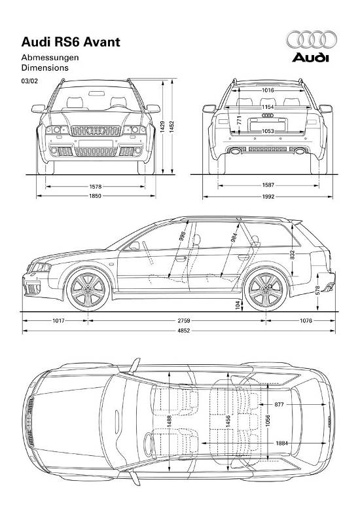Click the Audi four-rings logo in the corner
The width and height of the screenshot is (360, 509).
coord(312,39)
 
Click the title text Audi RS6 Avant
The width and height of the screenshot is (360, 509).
coord(71,42)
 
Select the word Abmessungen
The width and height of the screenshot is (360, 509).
coord(50,58)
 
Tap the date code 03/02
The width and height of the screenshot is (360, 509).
coord(29,81)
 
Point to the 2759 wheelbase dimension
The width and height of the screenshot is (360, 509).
coord(183,321)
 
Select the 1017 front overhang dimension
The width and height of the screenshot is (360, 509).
coord(58,321)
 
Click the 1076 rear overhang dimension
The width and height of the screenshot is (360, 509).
coord(306,321)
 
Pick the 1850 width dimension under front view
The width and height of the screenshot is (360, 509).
coord(96,196)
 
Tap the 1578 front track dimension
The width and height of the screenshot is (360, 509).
coord(96,187)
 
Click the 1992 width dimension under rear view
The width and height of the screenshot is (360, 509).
coord(268,197)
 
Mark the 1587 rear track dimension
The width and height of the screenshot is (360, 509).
coord(268,185)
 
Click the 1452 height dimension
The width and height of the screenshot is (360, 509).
coord(172,127)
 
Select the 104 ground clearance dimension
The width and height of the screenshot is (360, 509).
coord(238,305)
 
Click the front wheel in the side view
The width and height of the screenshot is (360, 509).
coord(88,290)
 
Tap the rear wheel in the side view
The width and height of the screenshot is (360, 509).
coord(266,290)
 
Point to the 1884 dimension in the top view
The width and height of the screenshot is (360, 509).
coord(281,443)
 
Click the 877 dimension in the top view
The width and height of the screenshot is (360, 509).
coord(279,404)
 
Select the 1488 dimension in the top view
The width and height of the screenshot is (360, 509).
coord(170,422)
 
